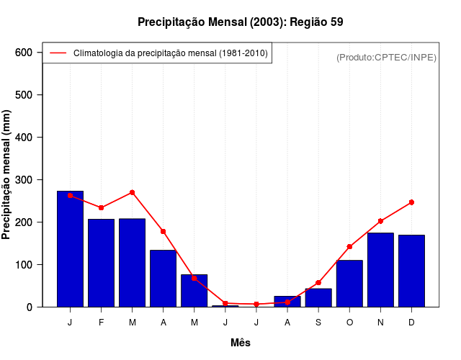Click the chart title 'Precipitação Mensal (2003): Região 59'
[x=240, y=22]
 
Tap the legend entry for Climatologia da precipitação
[x=169, y=53]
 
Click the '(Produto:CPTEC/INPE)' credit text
[x=386, y=57]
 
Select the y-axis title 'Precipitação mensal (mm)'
[x=7, y=174]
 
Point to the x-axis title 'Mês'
[x=240, y=343]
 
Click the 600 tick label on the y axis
[x=24, y=53]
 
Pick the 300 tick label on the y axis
[x=24, y=180]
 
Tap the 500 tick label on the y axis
[x=24, y=95]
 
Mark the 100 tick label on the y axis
[x=24, y=265]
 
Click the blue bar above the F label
[x=101, y=263]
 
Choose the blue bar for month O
[x=349, y=284]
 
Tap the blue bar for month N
[x=380, y=270]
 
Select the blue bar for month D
[x=411, y=271]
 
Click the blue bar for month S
[x=318, y=297]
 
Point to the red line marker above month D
[x=411, y=202]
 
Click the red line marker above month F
[x=101, y=207]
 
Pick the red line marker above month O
[x=349, y=247]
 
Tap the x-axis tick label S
[x=318, y=323]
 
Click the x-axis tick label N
[x=380, y=323]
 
